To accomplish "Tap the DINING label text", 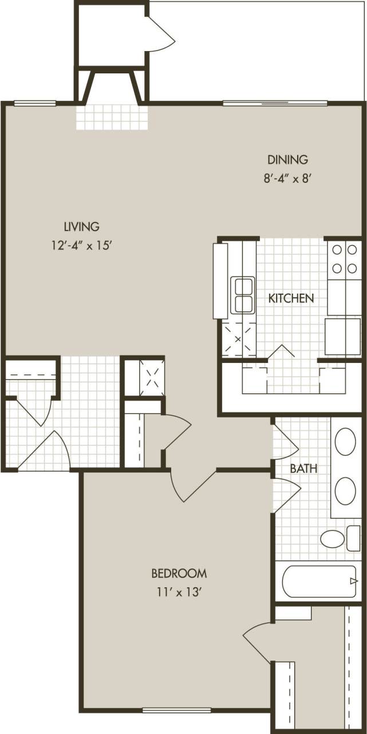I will [288, 159].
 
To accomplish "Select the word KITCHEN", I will [291, 298].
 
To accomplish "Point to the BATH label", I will [303, 468].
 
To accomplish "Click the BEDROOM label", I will [179, 573].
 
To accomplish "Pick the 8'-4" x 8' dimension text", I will [287, 178].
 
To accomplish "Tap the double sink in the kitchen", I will [242, 295].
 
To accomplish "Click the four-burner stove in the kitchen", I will [344, 259].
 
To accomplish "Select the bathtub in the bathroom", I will [319, 581].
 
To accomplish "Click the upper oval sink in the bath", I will [345, 442].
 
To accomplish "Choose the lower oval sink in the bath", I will [345, 491].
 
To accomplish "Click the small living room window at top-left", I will [34, 104].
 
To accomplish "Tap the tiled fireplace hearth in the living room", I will [112, 116].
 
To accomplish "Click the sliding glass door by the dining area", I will [275, 104].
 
